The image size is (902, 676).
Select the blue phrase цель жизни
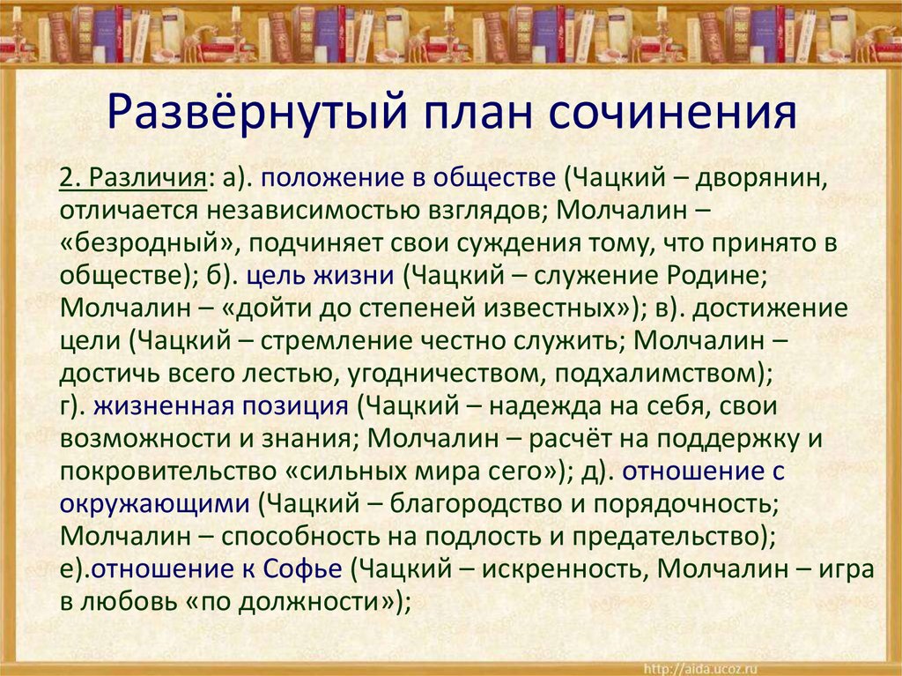point(319,276)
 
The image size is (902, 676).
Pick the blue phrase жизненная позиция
point(220,406)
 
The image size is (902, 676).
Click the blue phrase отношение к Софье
point(217,569)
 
